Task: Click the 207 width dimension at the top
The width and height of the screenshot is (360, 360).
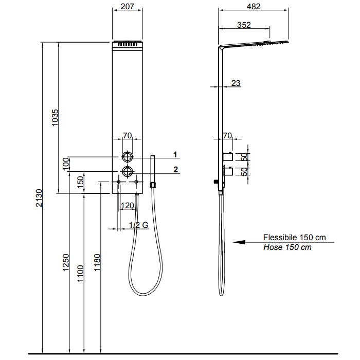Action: [x=127, y=7]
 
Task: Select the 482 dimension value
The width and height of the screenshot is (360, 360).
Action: [x=254, y=7]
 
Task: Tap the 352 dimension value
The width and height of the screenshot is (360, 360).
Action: [x=244, y=24]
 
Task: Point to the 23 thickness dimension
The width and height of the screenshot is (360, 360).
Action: [x=236, y=83]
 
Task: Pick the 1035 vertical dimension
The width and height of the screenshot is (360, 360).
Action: [x=56, y=119]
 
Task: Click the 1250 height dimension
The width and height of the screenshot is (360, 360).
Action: [x=66, y=263]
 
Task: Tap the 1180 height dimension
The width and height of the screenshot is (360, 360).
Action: [x=98, y=263]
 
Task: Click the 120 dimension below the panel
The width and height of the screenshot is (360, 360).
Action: [x=127, y=206]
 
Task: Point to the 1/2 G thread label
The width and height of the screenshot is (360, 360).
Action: [x=138, y=225]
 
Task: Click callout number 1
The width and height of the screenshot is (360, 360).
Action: [x=175, y=154]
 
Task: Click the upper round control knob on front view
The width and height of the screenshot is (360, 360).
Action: [x=127, y=157]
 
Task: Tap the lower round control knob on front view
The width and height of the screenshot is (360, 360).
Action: [x=127, y=172]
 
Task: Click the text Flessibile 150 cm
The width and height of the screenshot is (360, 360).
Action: [x=294, y=238]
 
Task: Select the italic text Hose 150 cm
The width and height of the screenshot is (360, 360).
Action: [x=287, y=247]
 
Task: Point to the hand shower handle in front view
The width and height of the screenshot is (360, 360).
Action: [x=152, y=169]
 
